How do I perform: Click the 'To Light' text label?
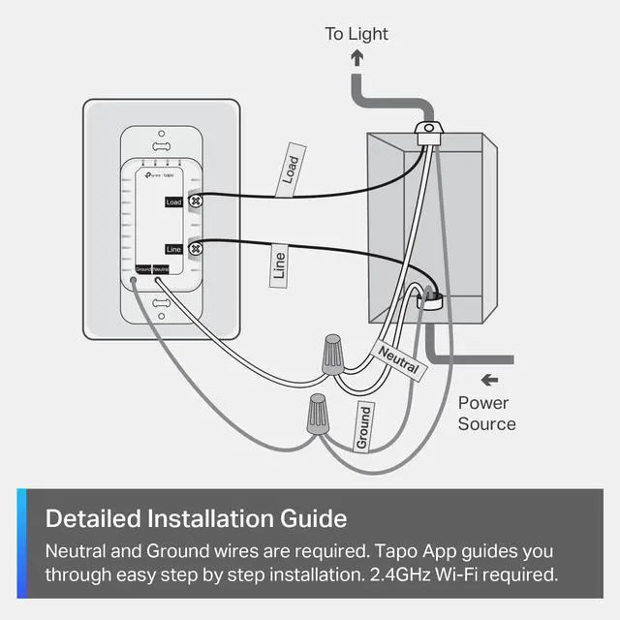tap(356, 34)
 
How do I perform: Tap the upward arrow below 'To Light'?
tap(356, 59)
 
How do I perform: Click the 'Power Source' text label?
tap(486, 414)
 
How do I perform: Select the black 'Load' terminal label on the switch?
tap(173, 201)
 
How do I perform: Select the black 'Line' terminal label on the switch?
tap(173, 249)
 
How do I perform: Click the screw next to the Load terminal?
tap(195, 201)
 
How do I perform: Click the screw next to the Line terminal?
tap(195, 249)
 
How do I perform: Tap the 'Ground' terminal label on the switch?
tap(143, 268)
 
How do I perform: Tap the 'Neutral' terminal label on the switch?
tap(161, 268)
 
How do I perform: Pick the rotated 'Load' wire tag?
tap(291, 170)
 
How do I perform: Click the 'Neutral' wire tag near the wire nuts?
tap(398, 361)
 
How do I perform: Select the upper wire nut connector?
tap(332, 355)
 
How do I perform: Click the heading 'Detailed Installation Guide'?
tap(196, 517)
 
